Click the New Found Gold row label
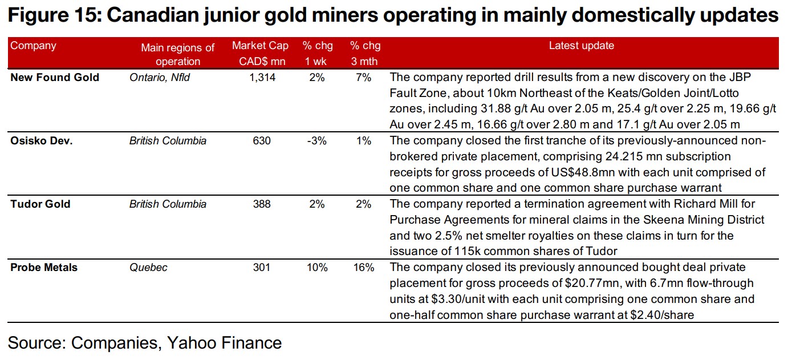(x=55, y=78)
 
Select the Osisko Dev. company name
(x=42, y=141)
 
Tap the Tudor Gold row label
(x=40, y=204)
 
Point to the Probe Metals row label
(x=44, y=267)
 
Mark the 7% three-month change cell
(x=364, y=78)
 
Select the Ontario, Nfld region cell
(x=160, y=78)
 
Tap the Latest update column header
(x=581, y=46)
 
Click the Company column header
(x=33, y=46)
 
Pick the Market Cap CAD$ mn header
(x=260, y=53)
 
